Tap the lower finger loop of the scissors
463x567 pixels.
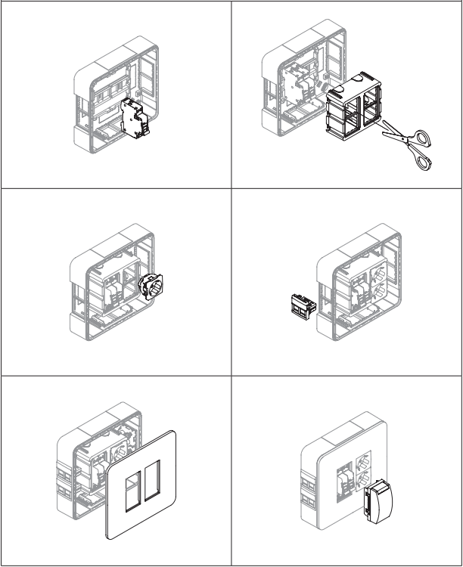pos(420,163)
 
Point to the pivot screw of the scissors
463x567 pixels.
pos(398,137)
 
